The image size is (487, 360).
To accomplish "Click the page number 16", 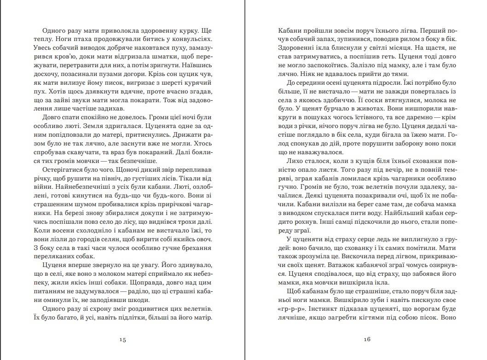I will click(x=367, y=340).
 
